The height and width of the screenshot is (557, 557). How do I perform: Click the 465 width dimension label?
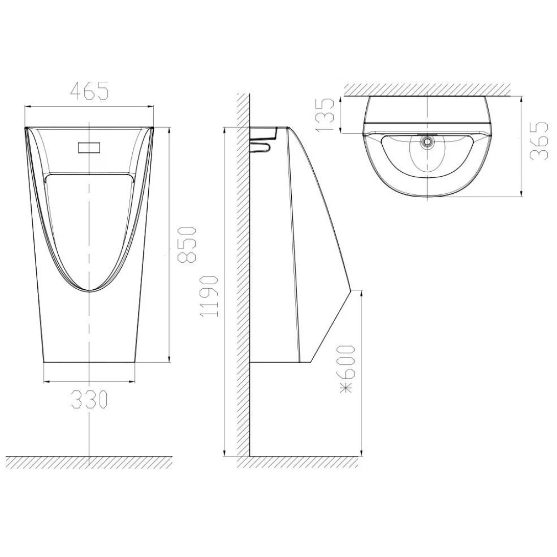click(x=89, y=91)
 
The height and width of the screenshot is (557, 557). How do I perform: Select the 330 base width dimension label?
click(x=89, y=399)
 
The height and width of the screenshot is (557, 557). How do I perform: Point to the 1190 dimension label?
click(x=210, y=296)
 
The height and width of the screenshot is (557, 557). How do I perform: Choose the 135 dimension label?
click(x=326, y=114)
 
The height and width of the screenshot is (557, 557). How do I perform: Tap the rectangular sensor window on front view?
click(x=90, y=148)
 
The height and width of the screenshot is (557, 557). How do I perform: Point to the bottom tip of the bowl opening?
click(x=90, y=291)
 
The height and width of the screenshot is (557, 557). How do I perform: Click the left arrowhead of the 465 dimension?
click(x=27, y=106)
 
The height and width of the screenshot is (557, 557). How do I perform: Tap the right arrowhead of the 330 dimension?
click(x=134, y=381)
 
